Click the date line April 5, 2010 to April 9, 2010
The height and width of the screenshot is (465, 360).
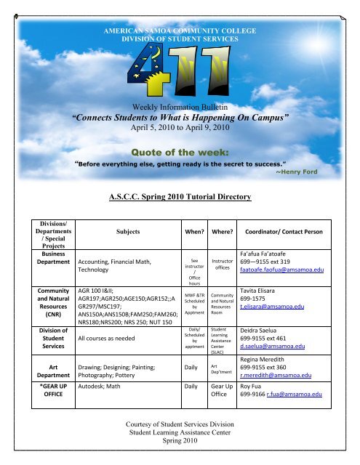[180, 126]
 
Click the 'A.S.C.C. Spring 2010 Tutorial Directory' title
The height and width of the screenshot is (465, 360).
[180, 197]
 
